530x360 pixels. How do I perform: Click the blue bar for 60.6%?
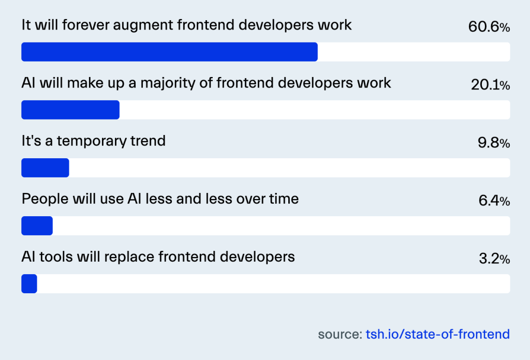point(169,52)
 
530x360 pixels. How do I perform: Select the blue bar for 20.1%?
point(70,110)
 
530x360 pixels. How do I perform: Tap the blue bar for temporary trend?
point(46,168)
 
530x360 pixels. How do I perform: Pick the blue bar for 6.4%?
point(37,226)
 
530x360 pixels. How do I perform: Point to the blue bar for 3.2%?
point(29,283)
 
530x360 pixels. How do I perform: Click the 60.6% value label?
point(489,27)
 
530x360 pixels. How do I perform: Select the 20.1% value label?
point(491,84)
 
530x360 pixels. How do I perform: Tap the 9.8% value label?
point(494,143)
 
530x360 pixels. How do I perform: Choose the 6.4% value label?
point(494,201)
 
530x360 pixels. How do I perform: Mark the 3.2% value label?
point(494,259)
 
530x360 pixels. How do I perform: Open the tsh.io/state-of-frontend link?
point(438,334)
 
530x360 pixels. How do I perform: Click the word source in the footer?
point(340,334)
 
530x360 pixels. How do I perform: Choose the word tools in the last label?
point(56,257)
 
